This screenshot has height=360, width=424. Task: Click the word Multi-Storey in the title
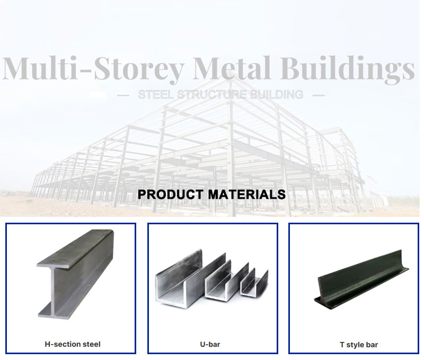(93, 68)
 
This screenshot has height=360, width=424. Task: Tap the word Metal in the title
(232, 68)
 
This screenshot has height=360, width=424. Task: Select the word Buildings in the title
(347, 69)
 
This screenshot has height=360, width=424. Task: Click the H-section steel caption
(73, 344)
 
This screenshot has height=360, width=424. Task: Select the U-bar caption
(210, 344)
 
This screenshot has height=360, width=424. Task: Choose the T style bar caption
(359, 345)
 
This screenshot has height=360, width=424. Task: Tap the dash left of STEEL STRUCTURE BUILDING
(123, 95)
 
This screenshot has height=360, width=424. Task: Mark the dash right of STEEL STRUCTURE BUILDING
(319, 95)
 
